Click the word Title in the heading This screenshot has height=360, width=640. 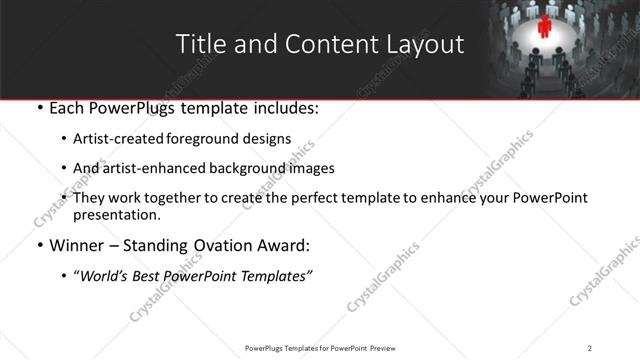(198, 44)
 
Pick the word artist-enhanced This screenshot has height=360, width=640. (148, 168)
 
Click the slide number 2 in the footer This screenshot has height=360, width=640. (589, 347)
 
